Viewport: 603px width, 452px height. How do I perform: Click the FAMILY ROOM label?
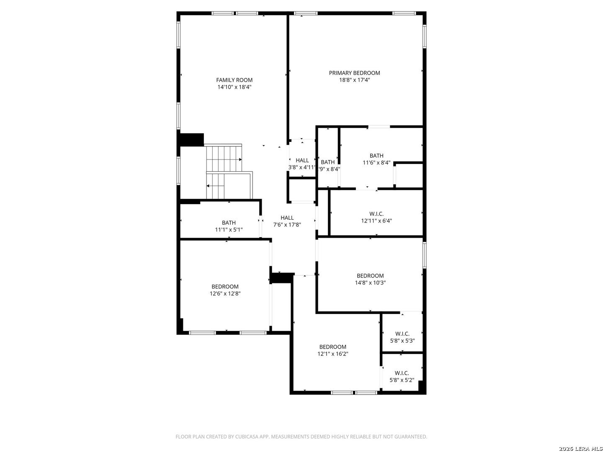coord(234,80)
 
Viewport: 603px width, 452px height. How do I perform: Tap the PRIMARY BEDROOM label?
coord(354,73)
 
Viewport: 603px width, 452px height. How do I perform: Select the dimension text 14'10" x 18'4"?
coord(234,87)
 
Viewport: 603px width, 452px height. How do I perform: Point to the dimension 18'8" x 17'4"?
coord(354,80)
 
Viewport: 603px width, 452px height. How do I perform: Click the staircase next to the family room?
coord(226,172)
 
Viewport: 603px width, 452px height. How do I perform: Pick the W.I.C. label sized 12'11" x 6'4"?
coord(376,214)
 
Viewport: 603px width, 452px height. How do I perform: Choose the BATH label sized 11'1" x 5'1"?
coord(229,223)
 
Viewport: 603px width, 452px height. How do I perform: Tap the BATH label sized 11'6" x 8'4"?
coord(376,156)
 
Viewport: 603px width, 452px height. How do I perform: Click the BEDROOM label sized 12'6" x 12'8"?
coord(225,287)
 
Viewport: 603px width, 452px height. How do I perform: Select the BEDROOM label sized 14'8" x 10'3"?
coord(370,276)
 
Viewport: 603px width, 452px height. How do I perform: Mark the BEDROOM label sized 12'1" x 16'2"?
coord(332,347)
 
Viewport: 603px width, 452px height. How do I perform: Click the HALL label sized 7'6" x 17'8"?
coord(287,218)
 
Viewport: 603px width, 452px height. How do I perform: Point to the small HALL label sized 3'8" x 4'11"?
coord(302,160)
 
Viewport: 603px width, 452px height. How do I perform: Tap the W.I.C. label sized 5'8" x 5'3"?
coord(402,334)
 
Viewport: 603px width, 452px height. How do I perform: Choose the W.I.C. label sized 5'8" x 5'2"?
coord(402,373)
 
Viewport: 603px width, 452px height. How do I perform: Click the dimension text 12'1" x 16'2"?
coord(332,354)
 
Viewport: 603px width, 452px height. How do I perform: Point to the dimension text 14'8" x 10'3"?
coord(370,282)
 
